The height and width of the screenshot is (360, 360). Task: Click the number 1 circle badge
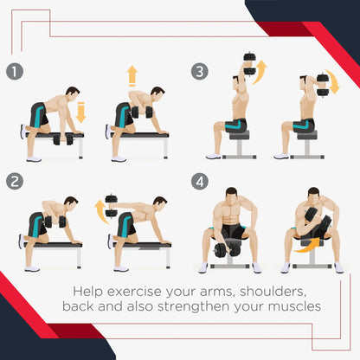pos(15,71)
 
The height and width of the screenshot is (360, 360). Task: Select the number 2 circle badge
pos(15,182)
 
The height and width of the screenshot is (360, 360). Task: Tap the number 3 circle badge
pos(200,71)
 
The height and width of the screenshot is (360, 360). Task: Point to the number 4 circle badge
pos(200,182)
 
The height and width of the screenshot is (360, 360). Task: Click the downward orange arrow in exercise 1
pos(81,112)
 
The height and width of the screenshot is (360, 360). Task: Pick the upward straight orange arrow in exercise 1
pos(132,76)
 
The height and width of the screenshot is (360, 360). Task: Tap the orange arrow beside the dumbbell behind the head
pos(333,81)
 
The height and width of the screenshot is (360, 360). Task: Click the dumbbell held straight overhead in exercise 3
pos(249,63)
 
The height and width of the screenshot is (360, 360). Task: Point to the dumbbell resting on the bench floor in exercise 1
pos(63,139)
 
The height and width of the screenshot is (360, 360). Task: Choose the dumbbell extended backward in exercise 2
pos(111,206)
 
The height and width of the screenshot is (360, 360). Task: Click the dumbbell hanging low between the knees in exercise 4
pos(228,250)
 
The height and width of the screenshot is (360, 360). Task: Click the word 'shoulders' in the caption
pos(273,292)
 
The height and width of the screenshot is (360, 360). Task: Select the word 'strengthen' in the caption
pos(194,306)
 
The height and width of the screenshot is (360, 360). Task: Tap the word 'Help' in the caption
pos(87,292)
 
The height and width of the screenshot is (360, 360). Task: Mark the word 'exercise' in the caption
pos(135,292)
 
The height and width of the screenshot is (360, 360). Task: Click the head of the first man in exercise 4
pos(231,195)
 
